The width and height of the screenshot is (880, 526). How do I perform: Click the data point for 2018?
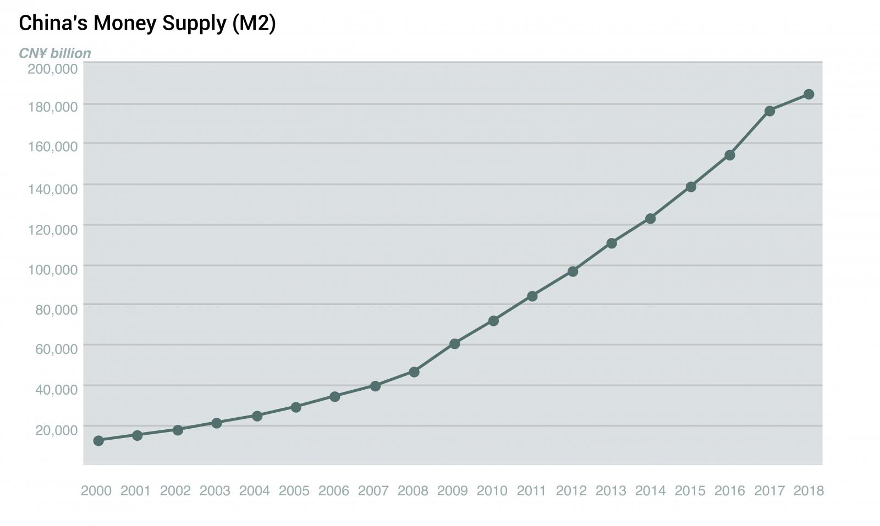point(809,94)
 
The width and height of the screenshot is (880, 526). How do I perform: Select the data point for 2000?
point(98,440)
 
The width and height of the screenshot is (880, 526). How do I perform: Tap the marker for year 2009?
point(454,344)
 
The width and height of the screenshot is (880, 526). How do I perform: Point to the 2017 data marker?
point(769,111)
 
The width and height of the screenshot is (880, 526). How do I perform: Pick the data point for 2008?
point(414,372)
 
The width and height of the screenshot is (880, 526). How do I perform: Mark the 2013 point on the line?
point(611,243)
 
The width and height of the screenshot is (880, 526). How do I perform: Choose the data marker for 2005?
point(295,407)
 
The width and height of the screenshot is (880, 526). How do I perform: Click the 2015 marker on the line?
point(691,187)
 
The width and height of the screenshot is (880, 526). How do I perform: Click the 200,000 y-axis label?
point(52,69)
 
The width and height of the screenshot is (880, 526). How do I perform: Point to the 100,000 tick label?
point(52,269)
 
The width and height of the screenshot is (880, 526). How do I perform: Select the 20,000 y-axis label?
point(56,430)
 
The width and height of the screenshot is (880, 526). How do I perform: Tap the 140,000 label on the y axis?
point(52,189)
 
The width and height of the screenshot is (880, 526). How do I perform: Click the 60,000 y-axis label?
point(56,349)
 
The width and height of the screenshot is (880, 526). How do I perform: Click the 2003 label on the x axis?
point(215,490)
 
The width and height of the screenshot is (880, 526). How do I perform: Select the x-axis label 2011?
point(531,490)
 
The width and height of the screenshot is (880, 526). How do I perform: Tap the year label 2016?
point(729,490)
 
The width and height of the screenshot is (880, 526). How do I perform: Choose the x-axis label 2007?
point(373,490)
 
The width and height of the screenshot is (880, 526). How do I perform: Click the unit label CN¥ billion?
point(55,53)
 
